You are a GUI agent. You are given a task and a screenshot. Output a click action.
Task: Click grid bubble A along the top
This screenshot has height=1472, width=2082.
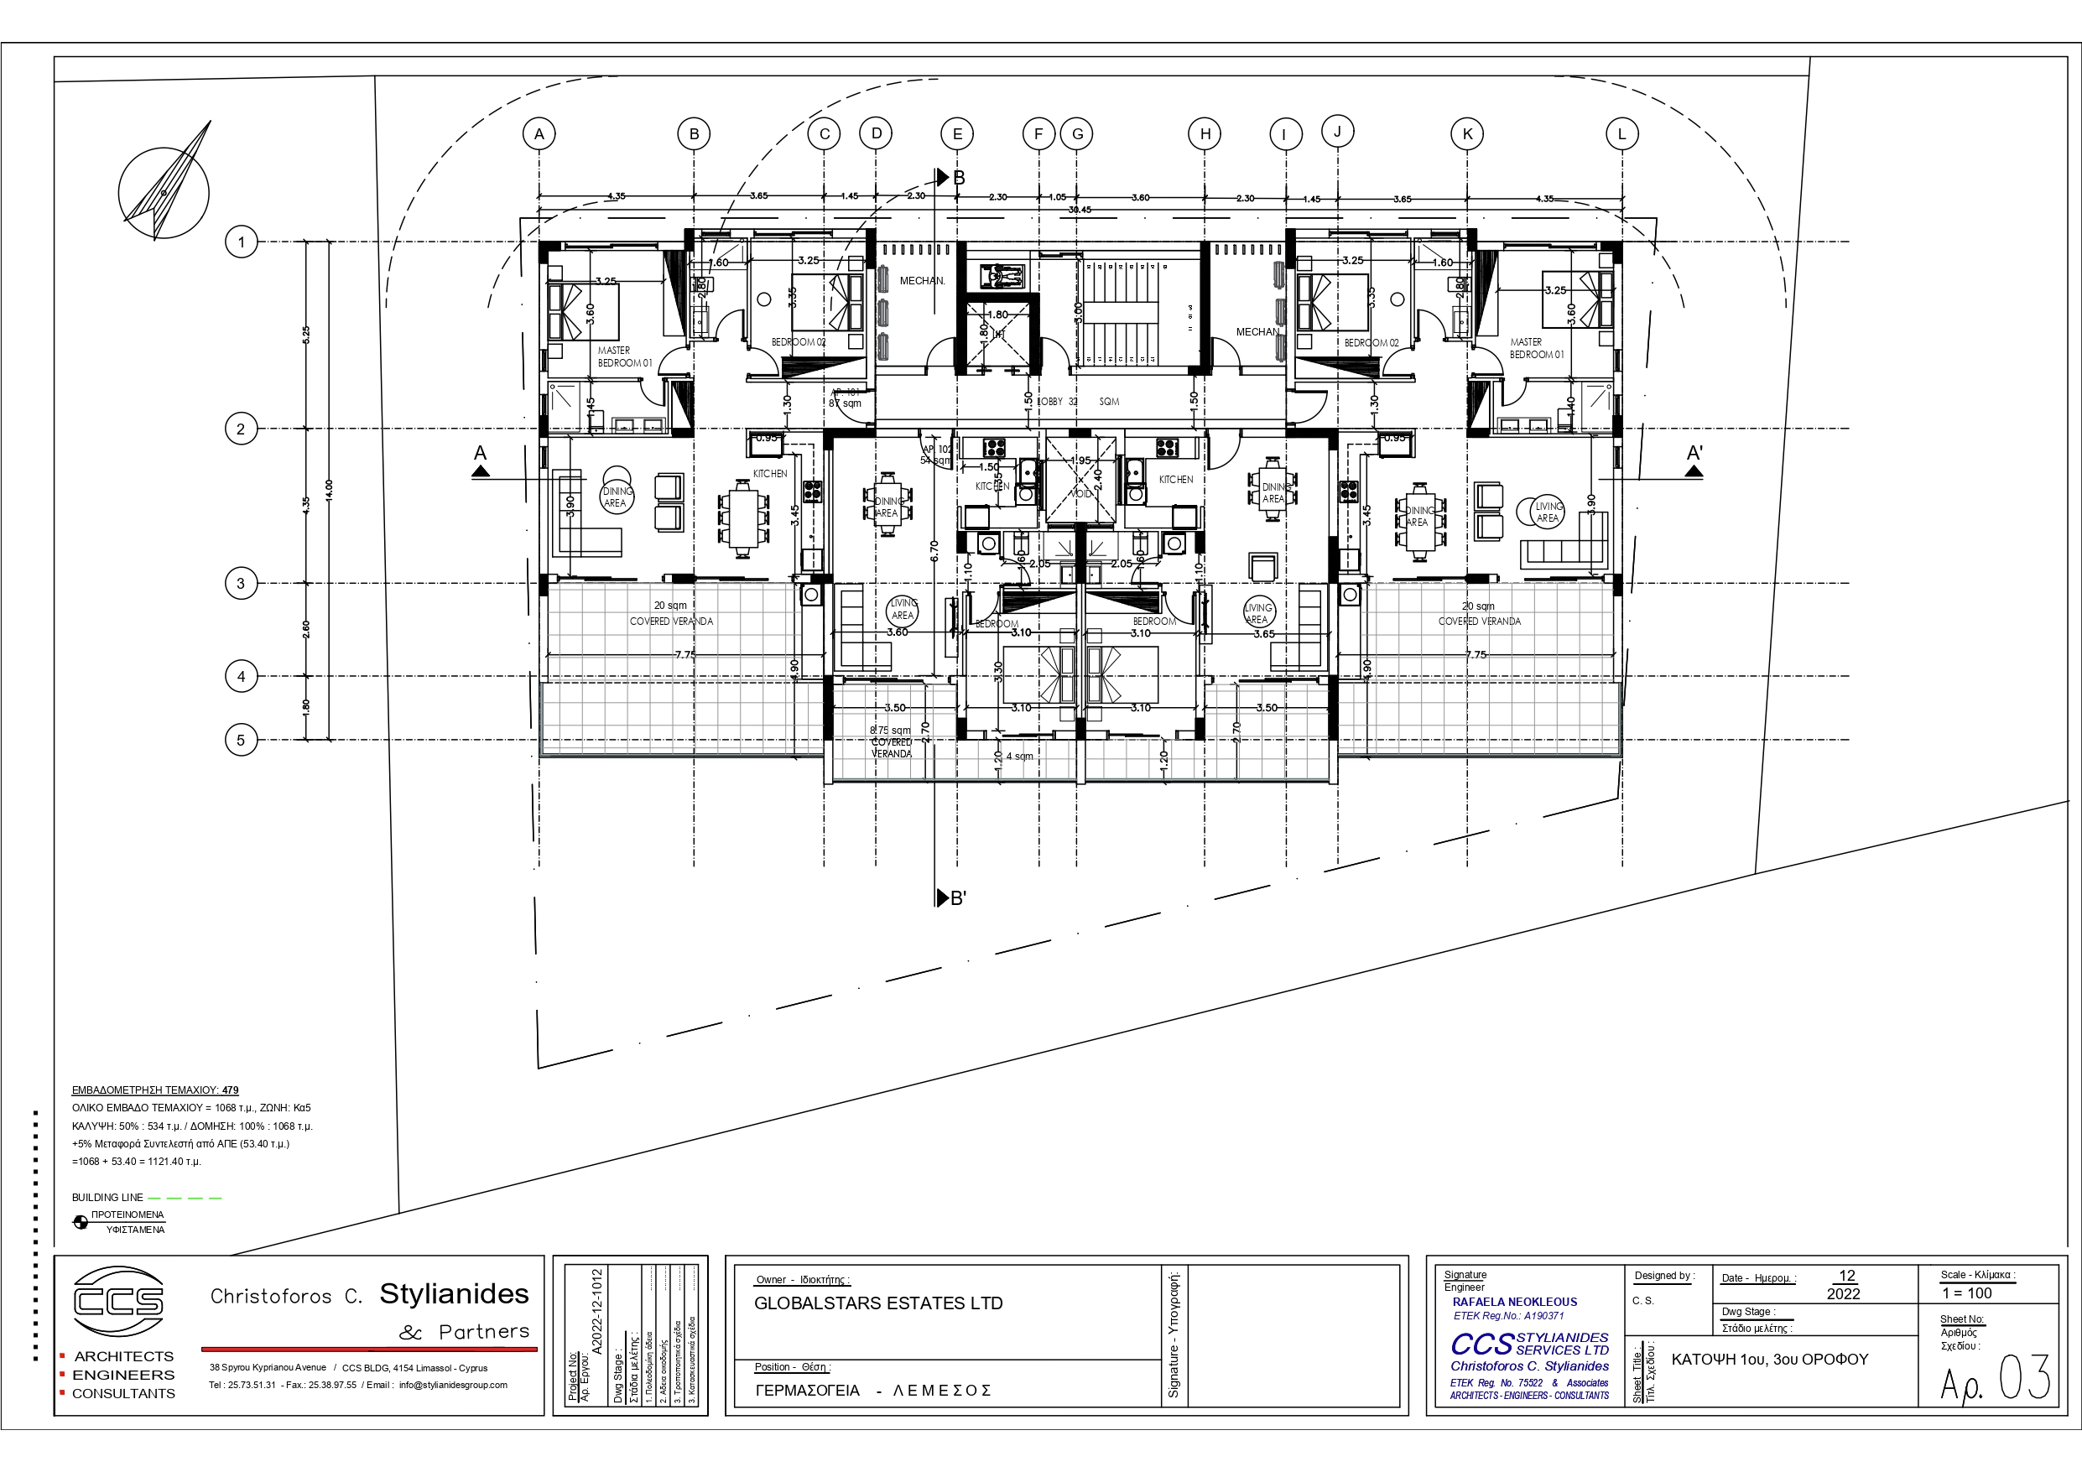click(x=539, y=134)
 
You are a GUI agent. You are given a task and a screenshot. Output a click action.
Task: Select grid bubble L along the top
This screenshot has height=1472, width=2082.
click(x=1621, y=134)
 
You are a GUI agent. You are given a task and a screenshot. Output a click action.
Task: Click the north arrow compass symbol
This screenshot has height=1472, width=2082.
click(x=164, y=192)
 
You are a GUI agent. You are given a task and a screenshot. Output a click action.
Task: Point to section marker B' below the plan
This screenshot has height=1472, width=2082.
click(x=952, y=898)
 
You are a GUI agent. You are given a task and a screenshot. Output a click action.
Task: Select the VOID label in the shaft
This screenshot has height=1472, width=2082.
click(x=1081, y=494)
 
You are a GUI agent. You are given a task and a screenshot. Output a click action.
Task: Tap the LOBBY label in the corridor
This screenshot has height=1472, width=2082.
click(x=1052, y=401)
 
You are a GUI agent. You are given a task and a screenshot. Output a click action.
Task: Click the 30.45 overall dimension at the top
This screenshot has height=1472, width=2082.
click(x=1079, y=210)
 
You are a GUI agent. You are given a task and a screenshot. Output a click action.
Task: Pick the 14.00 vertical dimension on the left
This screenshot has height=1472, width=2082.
click(x=329, y=490)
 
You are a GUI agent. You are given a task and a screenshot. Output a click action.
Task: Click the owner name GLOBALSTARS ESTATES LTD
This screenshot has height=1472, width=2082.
click(x=877, y=1303)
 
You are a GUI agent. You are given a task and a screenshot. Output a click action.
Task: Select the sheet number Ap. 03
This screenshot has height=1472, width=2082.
click(x=1995, y=1380)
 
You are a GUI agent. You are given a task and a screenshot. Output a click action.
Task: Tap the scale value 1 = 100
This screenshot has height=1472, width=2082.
click(x=1967, y=1293)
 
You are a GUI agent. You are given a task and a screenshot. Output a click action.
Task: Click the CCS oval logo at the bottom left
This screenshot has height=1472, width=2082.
click(x=118, y=1302)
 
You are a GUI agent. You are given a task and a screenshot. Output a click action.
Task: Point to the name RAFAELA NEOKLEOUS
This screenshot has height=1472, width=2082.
click(x=1514, y=1302)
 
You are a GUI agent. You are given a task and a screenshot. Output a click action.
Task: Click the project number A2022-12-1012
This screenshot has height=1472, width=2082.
click(x=596, y=1312)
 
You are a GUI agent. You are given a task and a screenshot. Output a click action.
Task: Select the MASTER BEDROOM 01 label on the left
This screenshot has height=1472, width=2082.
click(x=624, y=356)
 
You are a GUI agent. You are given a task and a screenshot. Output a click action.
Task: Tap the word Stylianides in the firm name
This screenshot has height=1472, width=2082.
click(x=454, y=1294)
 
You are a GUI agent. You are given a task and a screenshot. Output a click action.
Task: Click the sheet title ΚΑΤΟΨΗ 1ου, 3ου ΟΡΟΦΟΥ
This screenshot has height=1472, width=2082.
click(x=1769, y=1360)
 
